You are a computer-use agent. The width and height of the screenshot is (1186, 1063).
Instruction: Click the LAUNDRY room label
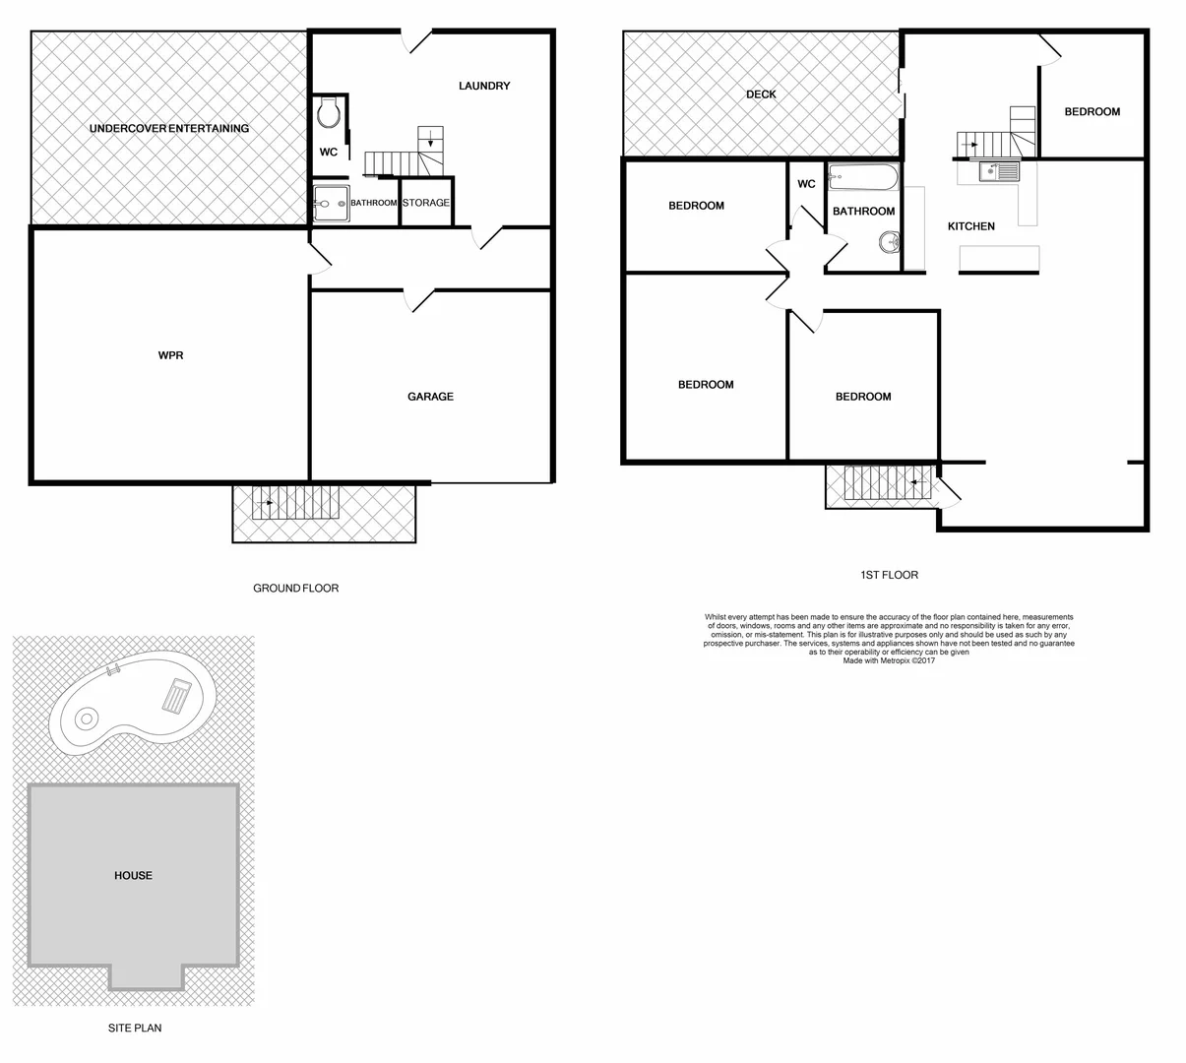pos(484,86)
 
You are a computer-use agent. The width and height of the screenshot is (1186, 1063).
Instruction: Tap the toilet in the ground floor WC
pos(328,115)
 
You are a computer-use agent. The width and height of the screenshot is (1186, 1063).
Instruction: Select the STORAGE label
pos(425,203)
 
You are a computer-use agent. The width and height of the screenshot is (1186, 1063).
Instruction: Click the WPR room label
pos(170,355)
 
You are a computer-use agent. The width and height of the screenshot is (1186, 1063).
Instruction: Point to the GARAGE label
pos(430,397)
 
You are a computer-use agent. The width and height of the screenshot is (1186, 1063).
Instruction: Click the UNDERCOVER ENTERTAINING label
pos(169,128)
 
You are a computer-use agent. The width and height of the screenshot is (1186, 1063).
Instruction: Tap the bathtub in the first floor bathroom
pos(863,178)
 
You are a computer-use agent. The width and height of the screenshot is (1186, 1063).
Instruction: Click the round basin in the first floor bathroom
pos(890,240)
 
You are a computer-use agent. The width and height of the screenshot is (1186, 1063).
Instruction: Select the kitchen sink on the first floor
pos(1000,173)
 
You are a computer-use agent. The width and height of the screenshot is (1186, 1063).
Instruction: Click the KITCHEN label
pos(970,226)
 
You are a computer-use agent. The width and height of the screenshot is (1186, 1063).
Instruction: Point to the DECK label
pos(761,94)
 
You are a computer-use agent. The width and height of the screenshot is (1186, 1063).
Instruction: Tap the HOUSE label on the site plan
pos(133,875)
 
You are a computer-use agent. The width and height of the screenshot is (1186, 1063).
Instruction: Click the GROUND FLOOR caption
pos(295,589)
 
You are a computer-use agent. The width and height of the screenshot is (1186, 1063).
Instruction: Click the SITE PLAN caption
pos(135,1029)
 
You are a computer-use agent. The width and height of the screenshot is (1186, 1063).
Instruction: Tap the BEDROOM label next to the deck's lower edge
pos(696,206)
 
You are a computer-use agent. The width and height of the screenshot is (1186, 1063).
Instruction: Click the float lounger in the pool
pos(177,696)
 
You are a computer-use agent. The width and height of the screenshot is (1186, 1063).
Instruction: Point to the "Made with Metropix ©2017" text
pos(889,661)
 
